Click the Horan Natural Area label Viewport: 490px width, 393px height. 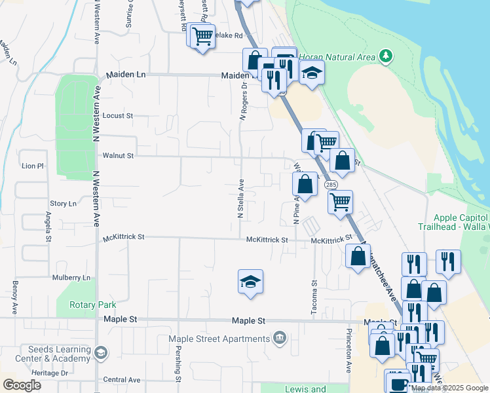(x=337, y=57)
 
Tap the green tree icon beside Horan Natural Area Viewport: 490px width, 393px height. (x=386, y=56)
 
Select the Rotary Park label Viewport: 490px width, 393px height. (x=95, y=305)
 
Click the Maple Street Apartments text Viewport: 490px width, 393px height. (x=219, y=339)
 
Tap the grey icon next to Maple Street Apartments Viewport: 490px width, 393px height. (x=280, y=338)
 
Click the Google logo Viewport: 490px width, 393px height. (x=22, y=385)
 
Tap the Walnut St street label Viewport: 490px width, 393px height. (x=118, y=156)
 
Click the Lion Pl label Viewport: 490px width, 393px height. (x=32, y=166)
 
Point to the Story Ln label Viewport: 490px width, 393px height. (x=63, y=204)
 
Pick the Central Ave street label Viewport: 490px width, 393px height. (x=122, y=380)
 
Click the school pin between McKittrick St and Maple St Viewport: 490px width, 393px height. (x=250, y=282)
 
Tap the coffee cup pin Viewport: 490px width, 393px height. (x=397, y=383)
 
